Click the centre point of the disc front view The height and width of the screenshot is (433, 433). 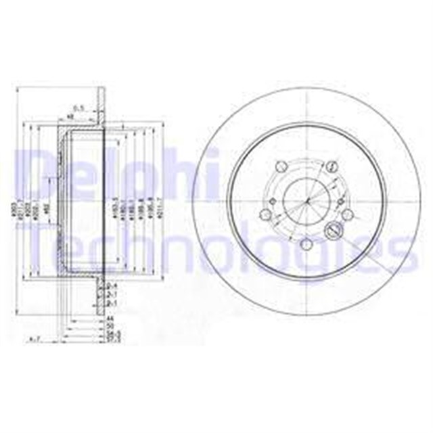click(306, 201)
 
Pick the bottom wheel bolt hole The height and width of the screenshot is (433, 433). click(306, 244)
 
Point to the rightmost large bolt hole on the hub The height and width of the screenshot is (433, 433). click(347, 214)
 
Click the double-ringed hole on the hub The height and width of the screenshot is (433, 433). click(332, 230)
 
